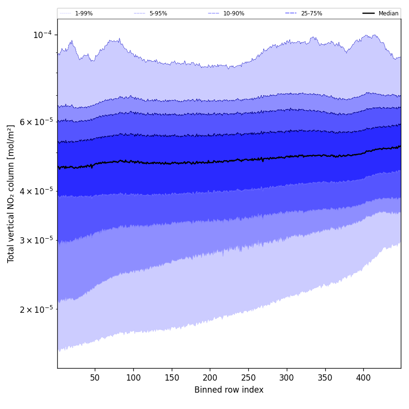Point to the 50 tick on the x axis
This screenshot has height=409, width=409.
click(95, 378)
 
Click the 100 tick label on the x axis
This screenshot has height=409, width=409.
click(133, 378)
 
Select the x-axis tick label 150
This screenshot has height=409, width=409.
click(172, 378)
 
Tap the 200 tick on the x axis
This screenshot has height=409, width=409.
click(210, 378)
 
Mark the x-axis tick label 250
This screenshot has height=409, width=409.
click(248, 378)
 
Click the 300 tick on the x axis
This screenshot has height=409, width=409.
click(287, 378)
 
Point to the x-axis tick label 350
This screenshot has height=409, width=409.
click(325, 378)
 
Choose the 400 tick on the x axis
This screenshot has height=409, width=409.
click(363, 378)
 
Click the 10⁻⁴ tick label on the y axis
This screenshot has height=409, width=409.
click(42, 35)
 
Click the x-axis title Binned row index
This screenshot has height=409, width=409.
click(229, 390)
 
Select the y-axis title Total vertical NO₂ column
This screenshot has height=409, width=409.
click(11, 193)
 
